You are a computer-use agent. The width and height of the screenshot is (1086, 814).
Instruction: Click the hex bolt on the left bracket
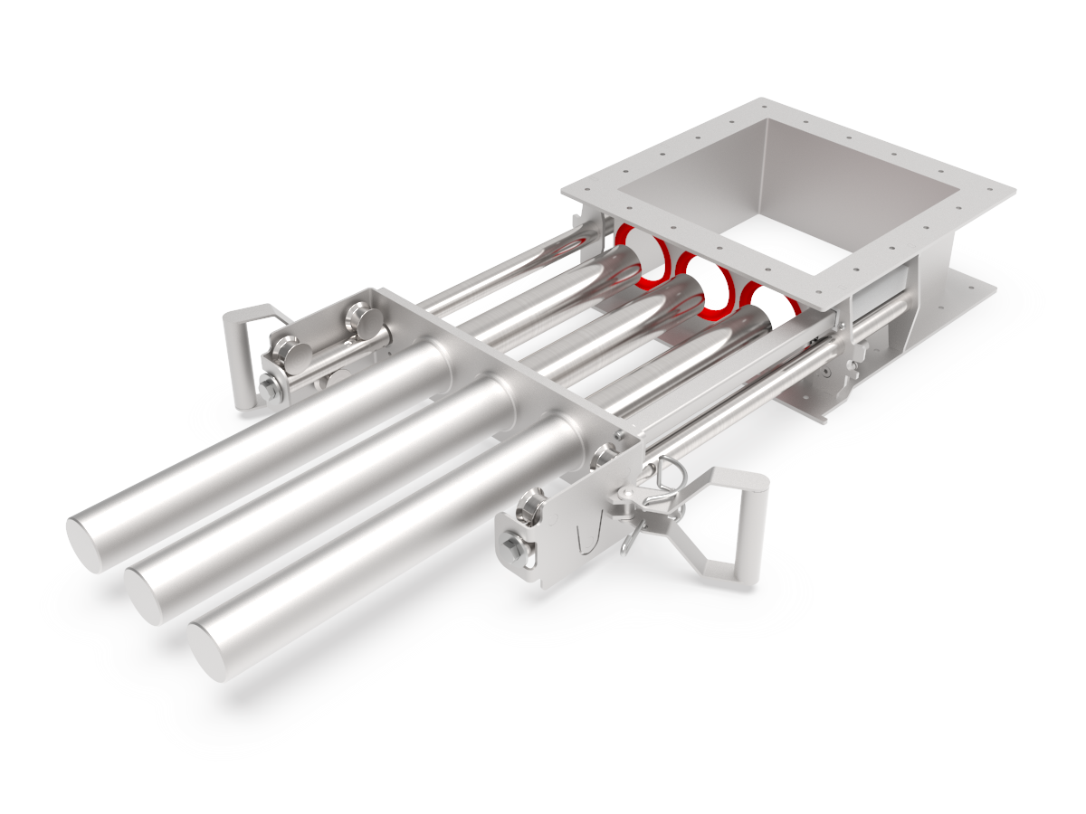pyautogui.click(x=270, y=390)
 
